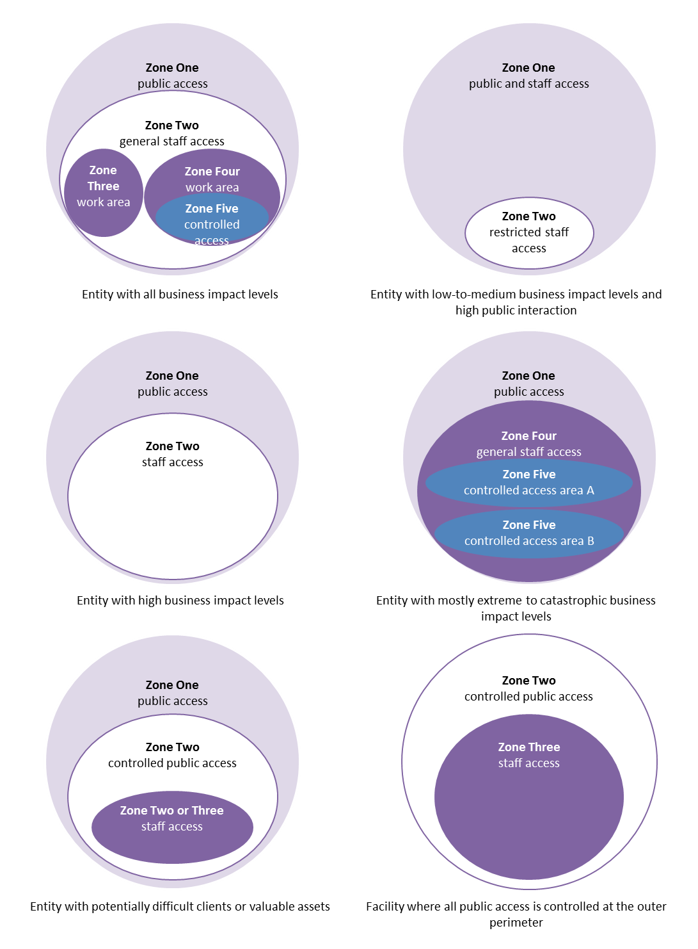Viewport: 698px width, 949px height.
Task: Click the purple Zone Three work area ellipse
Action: pyautogui.click(x=103, y=192)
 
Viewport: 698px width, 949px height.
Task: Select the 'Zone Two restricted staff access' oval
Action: pyautogui.click(x=529, y=232)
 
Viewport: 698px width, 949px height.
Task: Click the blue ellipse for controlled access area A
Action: pyautogui.click(x=529, y=483)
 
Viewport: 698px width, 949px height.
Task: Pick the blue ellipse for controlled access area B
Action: pyautogui.click(x=529, y=533)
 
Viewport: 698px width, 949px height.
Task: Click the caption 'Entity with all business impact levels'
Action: pyautogui.click(x=180, y=295)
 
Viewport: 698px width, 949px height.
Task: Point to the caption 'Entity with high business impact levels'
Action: pyautogui.click(x=180, y=601)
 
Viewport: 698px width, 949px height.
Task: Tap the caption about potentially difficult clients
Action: pyautogui.click(x=180, y=907)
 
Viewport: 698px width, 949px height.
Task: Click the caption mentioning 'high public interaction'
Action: pyautogui.click(x=516, y=302)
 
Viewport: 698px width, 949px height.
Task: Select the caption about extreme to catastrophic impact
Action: pyautogui.click(x=516, y=608)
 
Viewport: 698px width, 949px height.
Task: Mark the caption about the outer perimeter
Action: pyautogui.click(x=516, y=914)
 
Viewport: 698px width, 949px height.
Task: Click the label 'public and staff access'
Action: pyautogui.click(x=528, y=84)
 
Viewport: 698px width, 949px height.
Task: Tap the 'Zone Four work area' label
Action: pyautogui.click(x=212, y=179)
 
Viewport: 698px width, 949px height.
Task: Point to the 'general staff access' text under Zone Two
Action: pyautogui.click(x=172, y=142)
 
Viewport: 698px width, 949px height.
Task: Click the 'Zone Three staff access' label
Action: pyautogui.click(x=529, y=755)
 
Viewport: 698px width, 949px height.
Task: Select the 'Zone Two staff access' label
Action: pyautogui.click(x=172, y=454)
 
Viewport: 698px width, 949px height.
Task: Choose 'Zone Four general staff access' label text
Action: pyautogui.click(x=529, y=444)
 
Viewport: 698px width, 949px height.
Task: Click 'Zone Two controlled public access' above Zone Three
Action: pyautogui.click(x=528, y=688)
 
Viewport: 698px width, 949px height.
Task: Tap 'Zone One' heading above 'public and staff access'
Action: pyautogui.click(x=528, y=68)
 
